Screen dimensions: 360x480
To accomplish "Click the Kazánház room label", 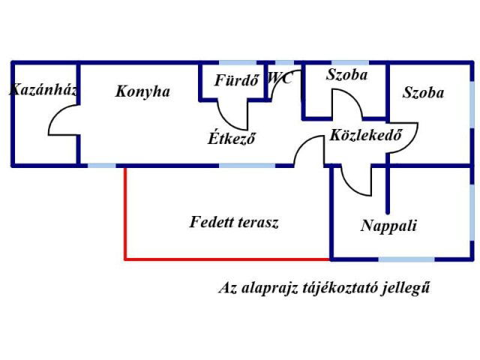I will click(43, 90).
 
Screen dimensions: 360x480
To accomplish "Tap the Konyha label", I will click(142, 92).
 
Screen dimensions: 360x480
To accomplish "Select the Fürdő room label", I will click(236, 80).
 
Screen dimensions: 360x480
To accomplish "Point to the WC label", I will click(280, 77).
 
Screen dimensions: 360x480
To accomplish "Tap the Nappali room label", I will click(388, 226).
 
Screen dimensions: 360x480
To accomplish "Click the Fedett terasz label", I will click(234, 223).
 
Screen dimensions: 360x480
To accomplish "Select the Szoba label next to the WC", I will click(346, 75).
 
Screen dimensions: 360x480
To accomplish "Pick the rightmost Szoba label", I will click(423, 93).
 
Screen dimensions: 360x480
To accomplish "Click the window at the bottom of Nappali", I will click(406, 259).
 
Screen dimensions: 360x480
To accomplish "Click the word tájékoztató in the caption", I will click(335, 288).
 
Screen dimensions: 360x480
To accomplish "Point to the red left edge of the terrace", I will click(125, 214).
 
